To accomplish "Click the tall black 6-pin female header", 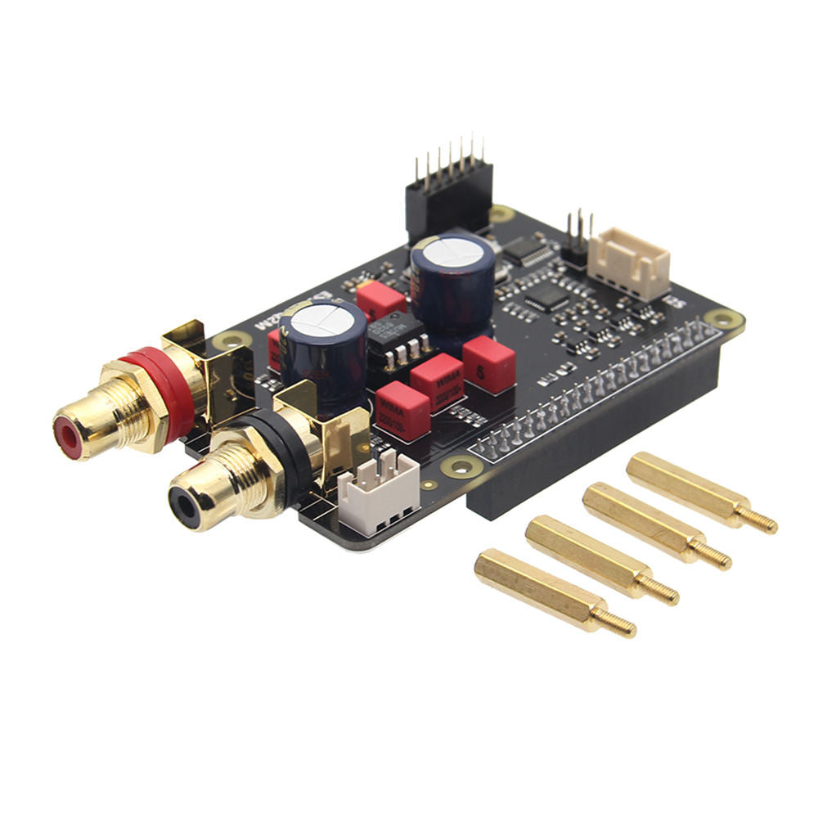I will pyautogui.click(x=449, y=196).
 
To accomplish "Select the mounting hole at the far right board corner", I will pyautogui.click(x=725, y=318).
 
